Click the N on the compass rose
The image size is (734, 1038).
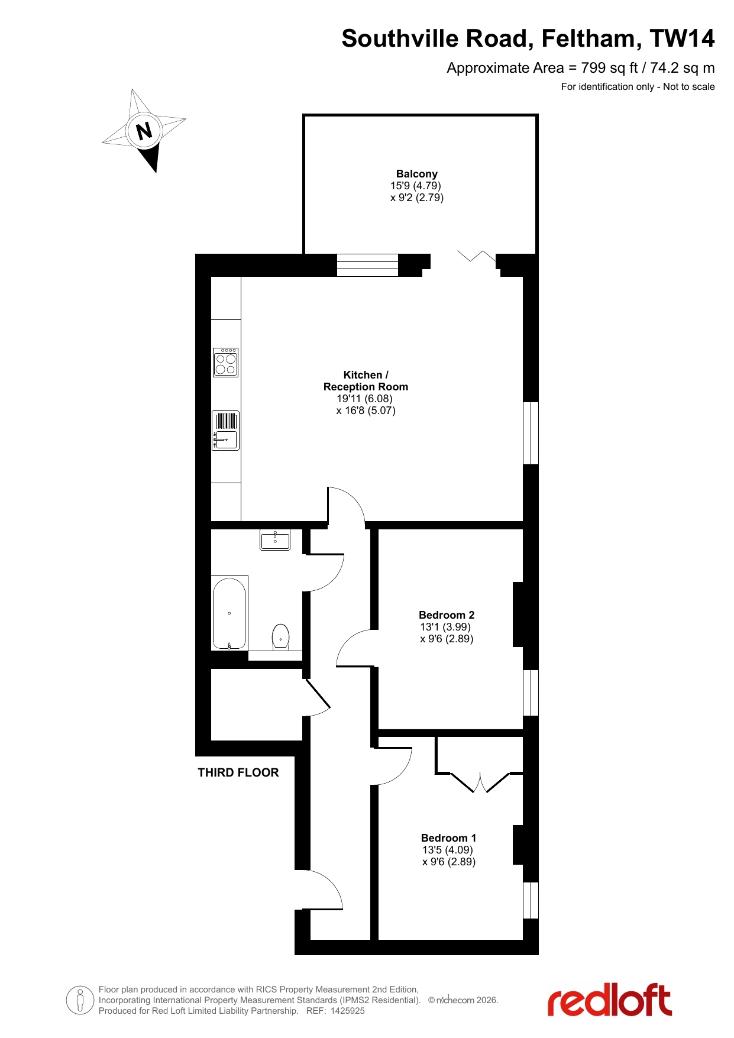pos(144,131)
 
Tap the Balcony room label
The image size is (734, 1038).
pos(417,174)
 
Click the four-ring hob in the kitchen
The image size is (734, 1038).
pos(225,362)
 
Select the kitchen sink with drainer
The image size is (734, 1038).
pos(225,431)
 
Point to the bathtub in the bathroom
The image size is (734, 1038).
pos(229,613)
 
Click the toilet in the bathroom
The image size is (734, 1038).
pos(280,637)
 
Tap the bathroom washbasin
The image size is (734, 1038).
pos(275,539)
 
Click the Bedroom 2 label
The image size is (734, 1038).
pos(447,615)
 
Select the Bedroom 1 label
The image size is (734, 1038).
pos(448,838)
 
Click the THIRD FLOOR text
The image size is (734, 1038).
pos(238,772)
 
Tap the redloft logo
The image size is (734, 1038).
pos(610,1000)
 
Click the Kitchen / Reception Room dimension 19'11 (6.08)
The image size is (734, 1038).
pos(365,399)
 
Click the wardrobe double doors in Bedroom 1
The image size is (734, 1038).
pos(480,782)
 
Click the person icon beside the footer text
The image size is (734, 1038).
pos(80,1000)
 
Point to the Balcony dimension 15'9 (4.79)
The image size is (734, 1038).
pos(416,186)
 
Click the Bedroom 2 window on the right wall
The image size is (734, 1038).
pos(531,693)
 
